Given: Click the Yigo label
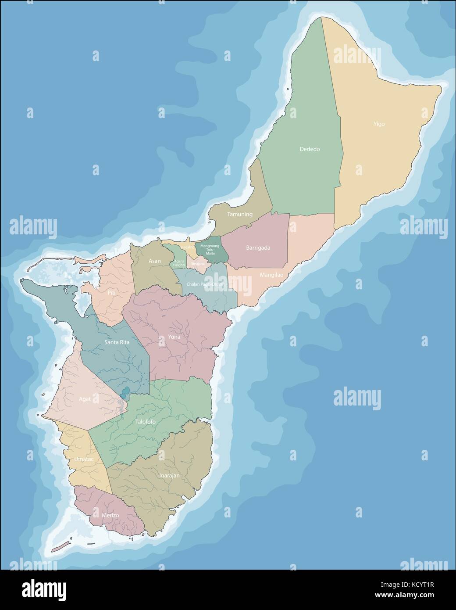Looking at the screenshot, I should [x=379, y=124].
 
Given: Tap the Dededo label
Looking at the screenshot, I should [x=310, y=149].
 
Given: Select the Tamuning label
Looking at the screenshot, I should [x=239, y=215].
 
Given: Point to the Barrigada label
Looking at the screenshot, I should [x=258, y=248].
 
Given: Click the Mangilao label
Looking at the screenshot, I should [x=271, y=275].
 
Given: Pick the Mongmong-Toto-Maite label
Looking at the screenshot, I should [x=210, y=249].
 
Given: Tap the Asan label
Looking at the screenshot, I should [x=154, y=261].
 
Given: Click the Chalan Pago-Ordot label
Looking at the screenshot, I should [x=205, y=284].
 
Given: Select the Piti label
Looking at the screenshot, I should [x=111, y=292].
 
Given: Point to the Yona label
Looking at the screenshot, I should [x=174, y=337].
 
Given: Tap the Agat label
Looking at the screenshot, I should [x=85, y=399].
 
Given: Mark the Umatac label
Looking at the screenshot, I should [x=78, y=459].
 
